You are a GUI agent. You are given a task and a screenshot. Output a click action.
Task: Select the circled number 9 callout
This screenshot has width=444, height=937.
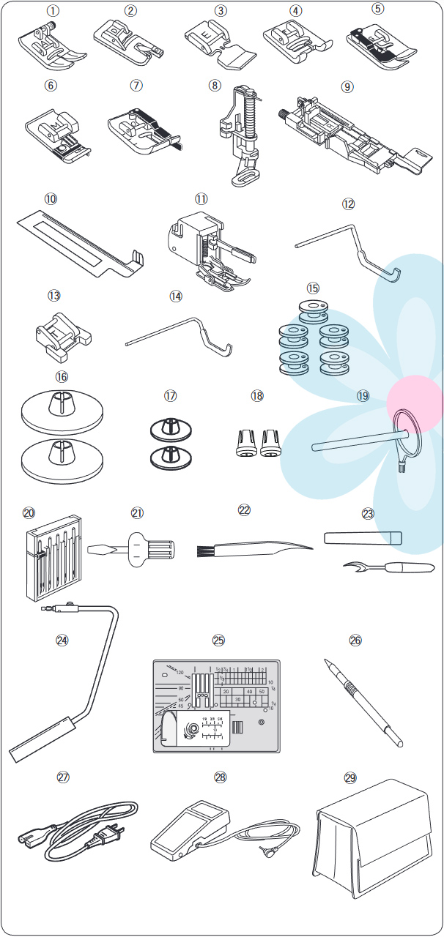[x=347, y=86]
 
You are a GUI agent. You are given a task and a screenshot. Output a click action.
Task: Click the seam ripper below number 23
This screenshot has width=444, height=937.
[x=388, y=567]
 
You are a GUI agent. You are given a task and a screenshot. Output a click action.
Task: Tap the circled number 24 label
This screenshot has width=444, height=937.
[x=62, y=639]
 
